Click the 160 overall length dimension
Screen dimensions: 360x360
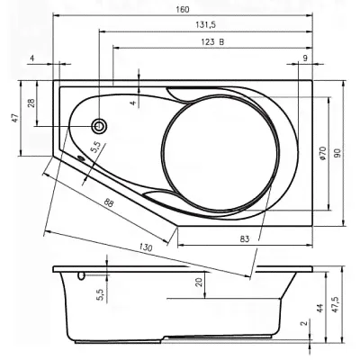183,9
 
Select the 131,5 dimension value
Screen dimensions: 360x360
206,24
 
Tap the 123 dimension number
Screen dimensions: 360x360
208,41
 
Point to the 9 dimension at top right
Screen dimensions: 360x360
305,58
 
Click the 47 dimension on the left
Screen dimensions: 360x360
15,118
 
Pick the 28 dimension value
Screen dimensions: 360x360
32,103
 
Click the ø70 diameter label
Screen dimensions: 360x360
322,153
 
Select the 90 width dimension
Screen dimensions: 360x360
338,153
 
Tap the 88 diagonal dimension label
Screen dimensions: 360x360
109,203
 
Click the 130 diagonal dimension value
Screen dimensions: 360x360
146,247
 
